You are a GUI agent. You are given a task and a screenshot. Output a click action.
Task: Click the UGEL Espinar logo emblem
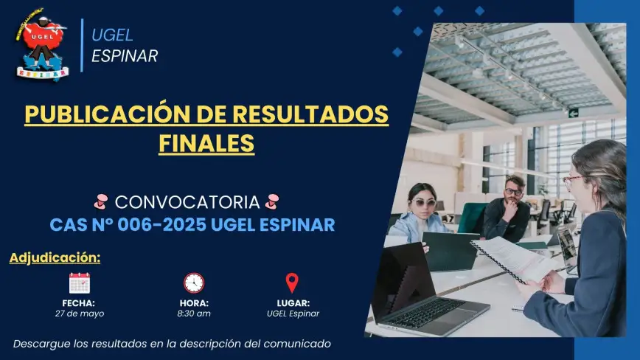click(x=41, y=44)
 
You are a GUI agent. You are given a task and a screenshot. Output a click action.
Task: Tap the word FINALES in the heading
click(x=206, y=143)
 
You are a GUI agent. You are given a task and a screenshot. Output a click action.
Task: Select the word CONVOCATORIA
click(x=187, y=202)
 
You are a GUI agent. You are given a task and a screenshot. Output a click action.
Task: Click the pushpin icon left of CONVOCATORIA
click(x=101, y=201)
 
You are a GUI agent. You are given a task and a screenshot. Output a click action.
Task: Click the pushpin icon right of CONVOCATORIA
click(x=272, y=201)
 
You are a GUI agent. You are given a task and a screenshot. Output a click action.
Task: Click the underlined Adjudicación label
click(x=55, y=258)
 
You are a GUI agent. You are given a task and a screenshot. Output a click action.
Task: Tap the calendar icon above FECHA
click(x=80, y=283)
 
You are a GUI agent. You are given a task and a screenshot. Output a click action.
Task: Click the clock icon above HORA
click(x=194, y=283)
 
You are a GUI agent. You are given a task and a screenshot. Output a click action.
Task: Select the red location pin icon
click(x=292, y=283)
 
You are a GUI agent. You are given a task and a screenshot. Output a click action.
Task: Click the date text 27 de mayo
click(x=80, y=314)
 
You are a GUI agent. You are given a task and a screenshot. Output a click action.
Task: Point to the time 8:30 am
click(x=194, y=314)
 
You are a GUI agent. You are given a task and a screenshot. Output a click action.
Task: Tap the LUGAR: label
click(x=293, y=303)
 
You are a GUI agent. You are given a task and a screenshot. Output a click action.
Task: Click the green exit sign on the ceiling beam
click(x=574, y=113)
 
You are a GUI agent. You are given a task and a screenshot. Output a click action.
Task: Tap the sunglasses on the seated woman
click(x=424, y=203)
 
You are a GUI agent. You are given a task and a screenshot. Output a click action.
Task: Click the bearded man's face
click(x=513, y=193)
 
